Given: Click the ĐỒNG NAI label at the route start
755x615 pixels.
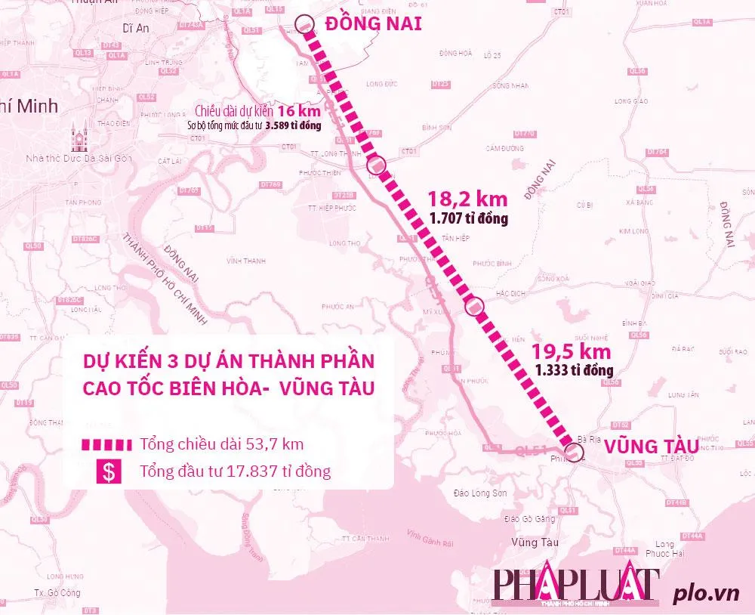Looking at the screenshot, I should pos(373,24).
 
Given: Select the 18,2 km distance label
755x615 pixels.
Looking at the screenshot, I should pos(468,199).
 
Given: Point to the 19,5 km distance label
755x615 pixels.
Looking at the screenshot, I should pos(572,351).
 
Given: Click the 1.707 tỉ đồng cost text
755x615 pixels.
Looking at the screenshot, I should pos(469,218).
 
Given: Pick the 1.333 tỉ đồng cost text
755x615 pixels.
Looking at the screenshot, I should pos(574,370).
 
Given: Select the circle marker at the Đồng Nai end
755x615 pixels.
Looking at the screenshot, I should pos(304,25).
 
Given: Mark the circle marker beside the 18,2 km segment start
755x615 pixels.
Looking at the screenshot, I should pos(377,165).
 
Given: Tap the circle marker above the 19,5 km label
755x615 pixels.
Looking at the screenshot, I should pos(475,306).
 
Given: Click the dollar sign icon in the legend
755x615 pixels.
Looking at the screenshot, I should pos(110,472).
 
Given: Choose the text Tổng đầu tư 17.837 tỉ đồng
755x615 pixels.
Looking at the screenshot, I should pos(235,472).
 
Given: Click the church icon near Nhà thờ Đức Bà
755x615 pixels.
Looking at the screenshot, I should pos(79,138).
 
